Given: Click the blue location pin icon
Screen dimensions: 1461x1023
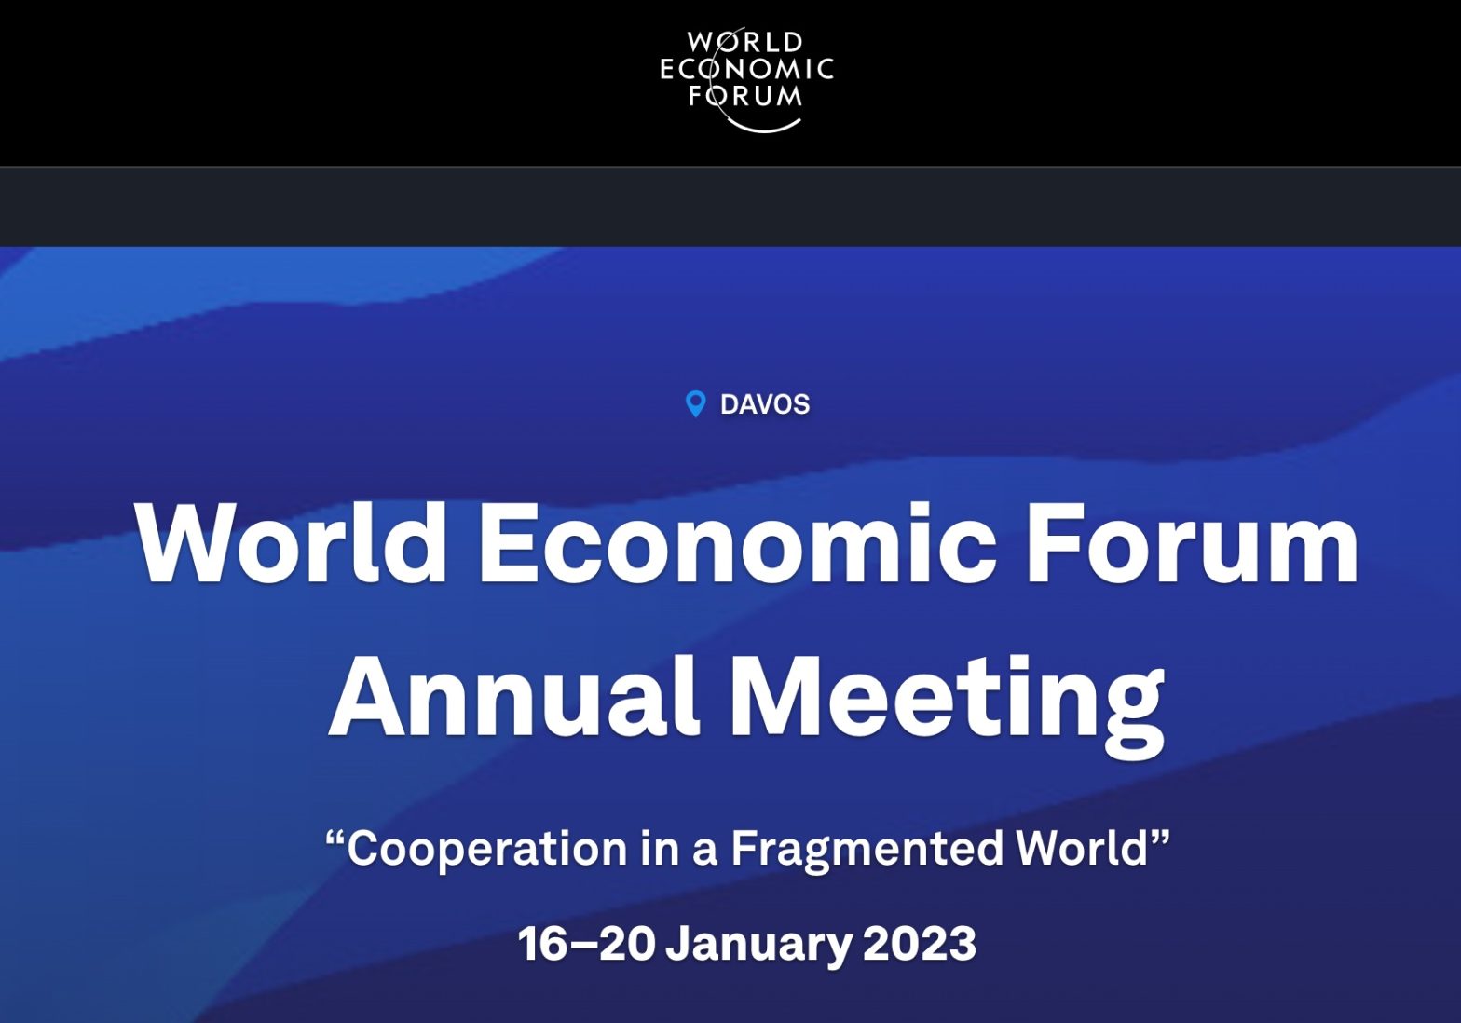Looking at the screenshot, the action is [695, 403].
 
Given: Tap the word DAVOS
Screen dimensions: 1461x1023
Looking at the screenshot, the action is [765, 404].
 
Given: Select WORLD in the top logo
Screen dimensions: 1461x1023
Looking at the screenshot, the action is [745, 42].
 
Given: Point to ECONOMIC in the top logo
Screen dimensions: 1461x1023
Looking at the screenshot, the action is [747, 69].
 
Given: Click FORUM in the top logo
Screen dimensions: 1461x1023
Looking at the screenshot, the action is [745, 96].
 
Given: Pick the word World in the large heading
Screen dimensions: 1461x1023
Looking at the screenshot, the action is [291, 542].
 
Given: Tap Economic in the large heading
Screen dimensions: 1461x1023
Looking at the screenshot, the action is [738, 542].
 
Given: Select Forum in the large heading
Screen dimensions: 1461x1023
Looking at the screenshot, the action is [1193, 542].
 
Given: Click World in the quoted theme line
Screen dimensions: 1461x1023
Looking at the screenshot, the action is [1083, 848].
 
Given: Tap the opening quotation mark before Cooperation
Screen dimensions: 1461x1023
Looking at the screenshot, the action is [335, 838].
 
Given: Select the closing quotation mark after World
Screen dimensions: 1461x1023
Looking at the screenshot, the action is [1160, 838].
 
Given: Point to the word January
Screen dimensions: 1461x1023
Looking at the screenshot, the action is [758, 947].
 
